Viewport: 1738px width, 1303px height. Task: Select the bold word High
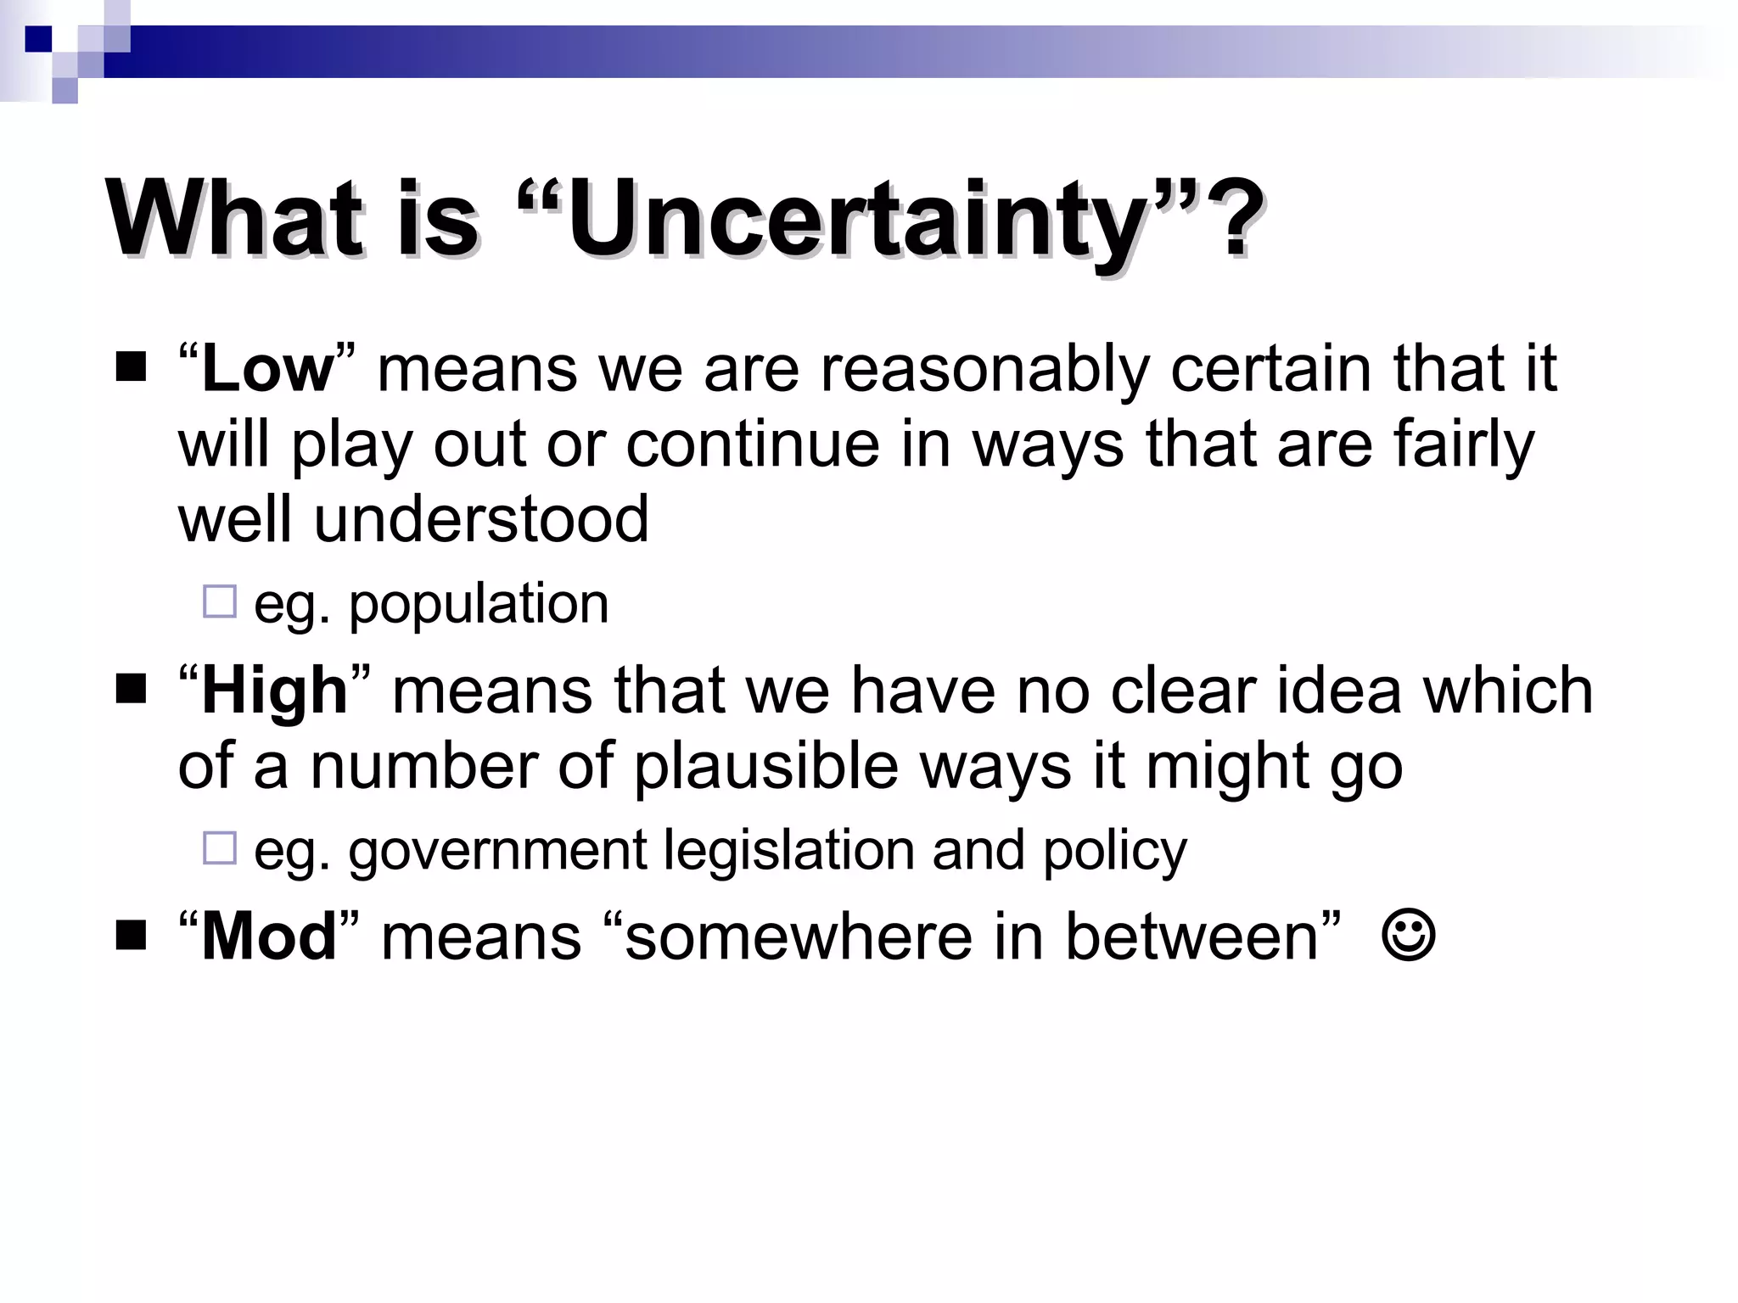[x=274, y=691]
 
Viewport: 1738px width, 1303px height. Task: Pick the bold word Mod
[x=269, y=937]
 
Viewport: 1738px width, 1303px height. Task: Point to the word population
[x=479, y=606]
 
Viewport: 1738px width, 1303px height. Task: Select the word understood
[x=481, y=519]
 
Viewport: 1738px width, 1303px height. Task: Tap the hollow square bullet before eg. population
[x=220, y=601]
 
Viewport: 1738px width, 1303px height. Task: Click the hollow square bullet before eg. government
[x=220, y=847]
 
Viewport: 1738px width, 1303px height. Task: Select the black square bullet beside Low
[x=131, y=367]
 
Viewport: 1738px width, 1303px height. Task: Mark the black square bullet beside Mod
[x=131, y=936]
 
